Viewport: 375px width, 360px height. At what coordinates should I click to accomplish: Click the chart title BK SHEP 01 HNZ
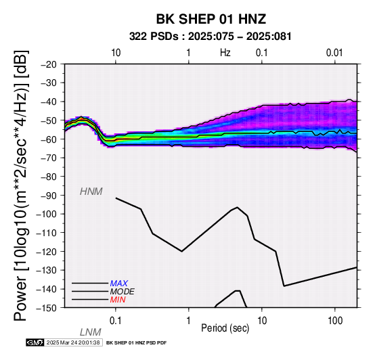tap(211, 19)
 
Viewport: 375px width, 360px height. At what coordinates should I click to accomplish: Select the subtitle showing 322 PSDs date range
tap(211, 37)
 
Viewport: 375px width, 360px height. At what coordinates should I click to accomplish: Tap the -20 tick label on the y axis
tap(49, 64)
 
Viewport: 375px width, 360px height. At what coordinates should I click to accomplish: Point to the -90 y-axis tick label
tap(49, 196)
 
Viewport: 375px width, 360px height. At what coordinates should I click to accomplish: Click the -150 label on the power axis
tap(47, 308)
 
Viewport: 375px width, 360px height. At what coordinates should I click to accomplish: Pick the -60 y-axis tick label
tap(49, 139)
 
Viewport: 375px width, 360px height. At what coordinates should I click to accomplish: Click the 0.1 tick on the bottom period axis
tap(116, 321)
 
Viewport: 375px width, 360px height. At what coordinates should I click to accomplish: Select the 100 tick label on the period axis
tap(335, 321)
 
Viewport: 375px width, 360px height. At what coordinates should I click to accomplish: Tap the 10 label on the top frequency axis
tap(116, 53)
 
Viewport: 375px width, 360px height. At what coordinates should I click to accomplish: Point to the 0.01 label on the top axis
tap(334, 53)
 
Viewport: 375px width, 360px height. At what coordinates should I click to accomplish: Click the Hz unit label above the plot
tap(225, 53)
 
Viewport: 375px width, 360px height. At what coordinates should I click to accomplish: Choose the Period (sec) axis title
tap(225, 328)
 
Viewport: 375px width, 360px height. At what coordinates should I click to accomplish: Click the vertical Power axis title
tap(21, 185)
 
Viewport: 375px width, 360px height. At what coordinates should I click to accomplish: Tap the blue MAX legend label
tap(119, 284)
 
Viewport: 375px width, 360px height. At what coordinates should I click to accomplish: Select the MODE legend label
tap(123, 292)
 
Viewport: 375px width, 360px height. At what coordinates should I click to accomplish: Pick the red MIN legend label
tap(118, 300)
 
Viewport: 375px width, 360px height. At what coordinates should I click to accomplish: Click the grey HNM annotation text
tap(91, 192)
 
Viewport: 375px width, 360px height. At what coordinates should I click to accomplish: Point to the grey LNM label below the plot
tap(91, 332)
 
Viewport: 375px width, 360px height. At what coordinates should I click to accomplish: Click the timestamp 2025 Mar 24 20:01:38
tap(73, 342)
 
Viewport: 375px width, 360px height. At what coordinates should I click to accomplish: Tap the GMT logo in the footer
tap(35, 342)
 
